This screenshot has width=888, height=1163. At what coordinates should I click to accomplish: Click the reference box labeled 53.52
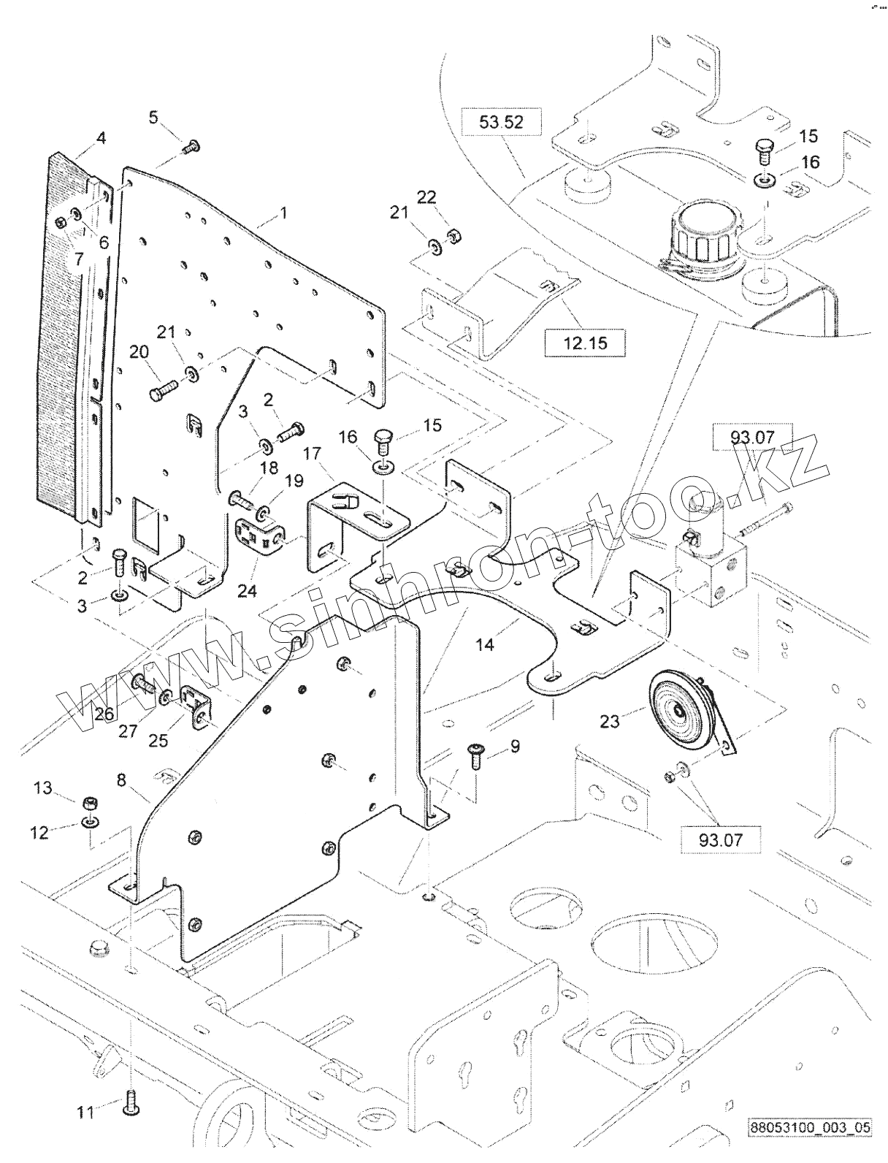click(501, 123)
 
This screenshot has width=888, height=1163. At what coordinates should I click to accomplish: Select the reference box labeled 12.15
click(585, 343)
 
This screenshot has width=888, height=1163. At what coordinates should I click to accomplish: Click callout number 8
click(121, 780)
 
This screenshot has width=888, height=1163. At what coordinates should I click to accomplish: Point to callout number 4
click(101, 138)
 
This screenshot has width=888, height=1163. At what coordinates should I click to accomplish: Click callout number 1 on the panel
click(283, 213)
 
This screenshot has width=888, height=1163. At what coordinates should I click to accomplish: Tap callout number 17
click(313, 454)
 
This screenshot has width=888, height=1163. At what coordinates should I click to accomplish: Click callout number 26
click(104, 714)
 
